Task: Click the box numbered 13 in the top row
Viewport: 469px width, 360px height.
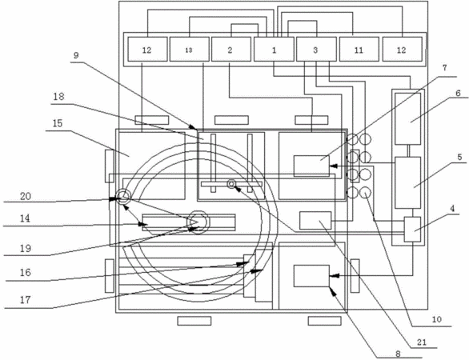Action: point(190,50)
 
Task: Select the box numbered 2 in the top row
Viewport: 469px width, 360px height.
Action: point(231,50)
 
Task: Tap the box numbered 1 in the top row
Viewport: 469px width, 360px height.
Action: point(274,50)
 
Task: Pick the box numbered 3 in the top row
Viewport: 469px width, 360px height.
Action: point(316,50)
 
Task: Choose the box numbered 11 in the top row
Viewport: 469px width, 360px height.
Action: point(359,50)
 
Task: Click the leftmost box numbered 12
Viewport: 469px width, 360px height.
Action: point(147,50)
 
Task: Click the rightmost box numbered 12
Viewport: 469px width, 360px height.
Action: point(403,50)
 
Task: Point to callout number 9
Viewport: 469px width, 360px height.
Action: point(76,56)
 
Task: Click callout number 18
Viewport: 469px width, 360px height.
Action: point(59,97)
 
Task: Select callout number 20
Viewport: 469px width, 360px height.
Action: point(26,197)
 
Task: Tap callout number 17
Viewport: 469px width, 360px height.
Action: point(26,300)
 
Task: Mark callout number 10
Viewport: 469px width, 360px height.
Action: point(437,319)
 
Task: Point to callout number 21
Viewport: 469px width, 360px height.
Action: point(422,342)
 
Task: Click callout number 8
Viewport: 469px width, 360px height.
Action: point(398,354)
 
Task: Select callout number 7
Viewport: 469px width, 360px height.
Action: point(444,68)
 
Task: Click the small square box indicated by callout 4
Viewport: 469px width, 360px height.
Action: point(412,230)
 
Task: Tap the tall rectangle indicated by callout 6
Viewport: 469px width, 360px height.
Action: point(408,119)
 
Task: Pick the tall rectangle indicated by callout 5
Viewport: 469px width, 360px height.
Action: point(408,182)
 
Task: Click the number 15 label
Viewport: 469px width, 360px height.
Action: point(58,123)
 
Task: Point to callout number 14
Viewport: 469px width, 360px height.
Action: point(25,218)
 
